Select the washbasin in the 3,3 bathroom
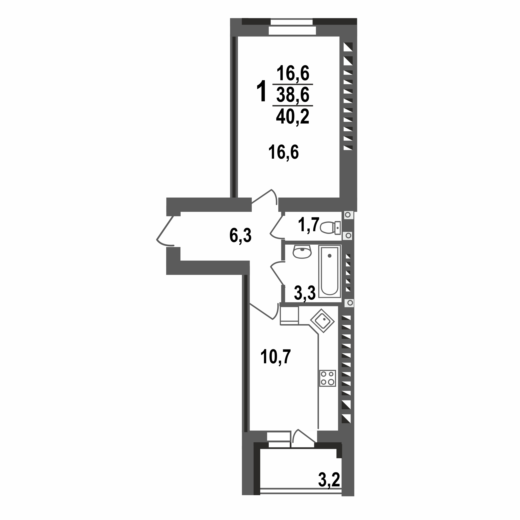(302, 252)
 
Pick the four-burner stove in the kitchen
(327, 378)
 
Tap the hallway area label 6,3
(240, 235)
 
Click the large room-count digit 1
(261, 91)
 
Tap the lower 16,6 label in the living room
(284, 152)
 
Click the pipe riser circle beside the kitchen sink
(350, 303)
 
